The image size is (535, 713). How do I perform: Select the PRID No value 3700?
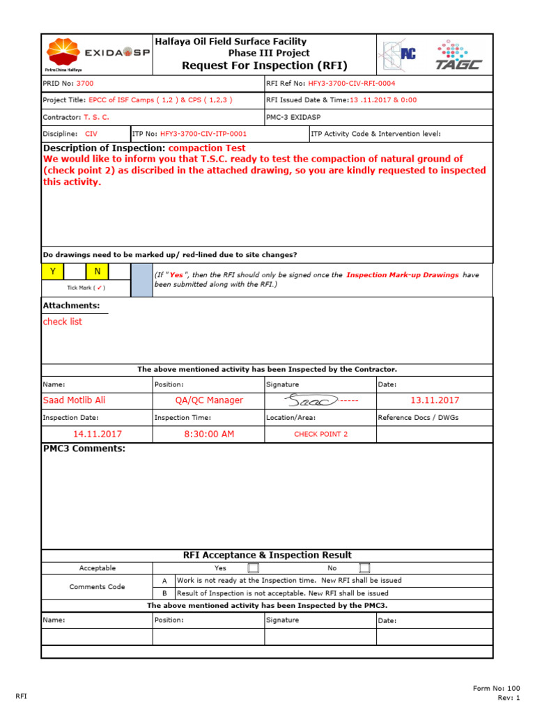(85, 84)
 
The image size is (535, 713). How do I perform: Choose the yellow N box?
(98, 272)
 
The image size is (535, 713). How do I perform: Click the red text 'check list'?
(63, 322)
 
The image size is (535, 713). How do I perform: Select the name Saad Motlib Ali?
(75, 400)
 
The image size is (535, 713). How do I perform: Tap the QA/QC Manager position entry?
(209, 400)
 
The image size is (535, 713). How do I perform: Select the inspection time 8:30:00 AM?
(209, 434)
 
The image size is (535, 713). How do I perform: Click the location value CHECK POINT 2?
(320, 434)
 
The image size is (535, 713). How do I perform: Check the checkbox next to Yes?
(253, 568)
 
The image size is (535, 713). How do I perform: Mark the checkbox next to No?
(364, 568)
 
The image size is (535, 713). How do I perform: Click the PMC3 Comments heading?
(84, 448)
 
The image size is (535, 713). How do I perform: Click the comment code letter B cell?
(164, 593)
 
